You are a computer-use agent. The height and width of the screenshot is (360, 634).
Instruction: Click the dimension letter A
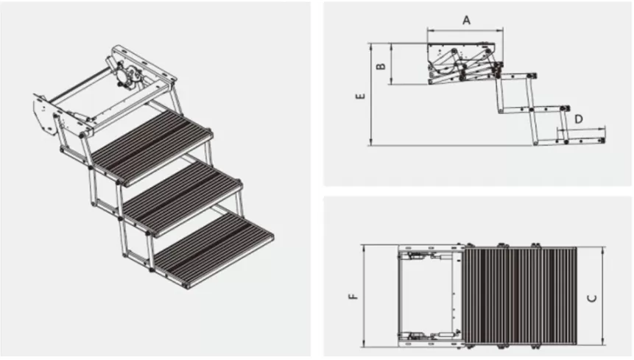tap(466, 20)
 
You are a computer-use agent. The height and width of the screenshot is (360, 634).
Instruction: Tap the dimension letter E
tap(359, 96)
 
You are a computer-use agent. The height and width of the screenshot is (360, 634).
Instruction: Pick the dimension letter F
tap(353, 297)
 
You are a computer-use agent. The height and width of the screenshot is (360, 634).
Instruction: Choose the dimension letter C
tap(592, 298)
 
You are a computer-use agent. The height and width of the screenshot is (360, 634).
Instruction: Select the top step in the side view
tap(515, 74)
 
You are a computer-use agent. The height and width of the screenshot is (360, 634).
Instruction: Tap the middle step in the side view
tap(549, 107)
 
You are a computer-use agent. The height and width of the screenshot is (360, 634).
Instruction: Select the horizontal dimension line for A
tap(465, 30)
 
